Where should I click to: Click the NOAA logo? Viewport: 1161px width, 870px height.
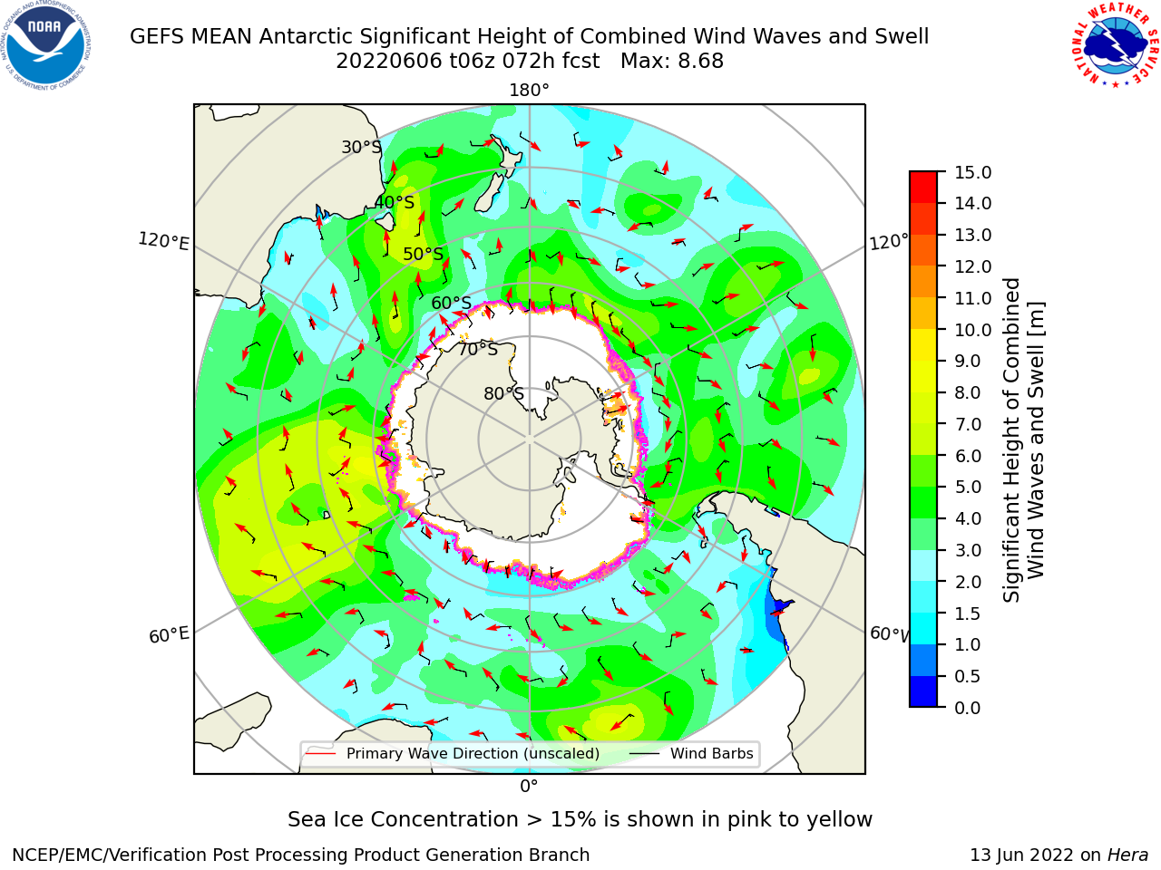(46, 45)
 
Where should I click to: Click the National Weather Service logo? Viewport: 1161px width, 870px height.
(1115, 45)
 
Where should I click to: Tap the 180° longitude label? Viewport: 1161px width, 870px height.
(529, 91)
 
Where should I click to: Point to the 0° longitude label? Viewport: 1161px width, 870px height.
(529, 787)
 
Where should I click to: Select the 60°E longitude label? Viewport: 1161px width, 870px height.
(169, 634)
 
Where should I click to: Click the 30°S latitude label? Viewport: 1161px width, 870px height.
(361, 147)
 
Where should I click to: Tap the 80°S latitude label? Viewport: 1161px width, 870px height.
(503, 393)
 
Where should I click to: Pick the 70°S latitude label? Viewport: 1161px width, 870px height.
(478, 349)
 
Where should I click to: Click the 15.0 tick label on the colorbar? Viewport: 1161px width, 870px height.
(972, 172)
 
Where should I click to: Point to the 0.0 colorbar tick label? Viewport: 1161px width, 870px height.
(968, 708)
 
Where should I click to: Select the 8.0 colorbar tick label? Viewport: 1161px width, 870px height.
(968, 393)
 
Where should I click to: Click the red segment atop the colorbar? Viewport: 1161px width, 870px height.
(923, 188)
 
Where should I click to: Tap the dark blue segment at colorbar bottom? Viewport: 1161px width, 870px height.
(923, 691)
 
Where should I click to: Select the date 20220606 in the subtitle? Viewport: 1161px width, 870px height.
(388, 62)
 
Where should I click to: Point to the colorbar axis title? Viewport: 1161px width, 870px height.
(1023, 440)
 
